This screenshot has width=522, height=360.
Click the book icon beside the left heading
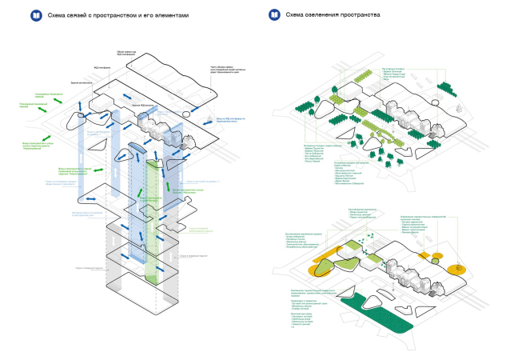[34, 14]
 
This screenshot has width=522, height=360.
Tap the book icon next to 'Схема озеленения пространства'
[274, 14]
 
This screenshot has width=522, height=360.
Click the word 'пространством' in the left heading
[111, 15]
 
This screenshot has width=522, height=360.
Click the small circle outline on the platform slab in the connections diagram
[82, 119]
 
